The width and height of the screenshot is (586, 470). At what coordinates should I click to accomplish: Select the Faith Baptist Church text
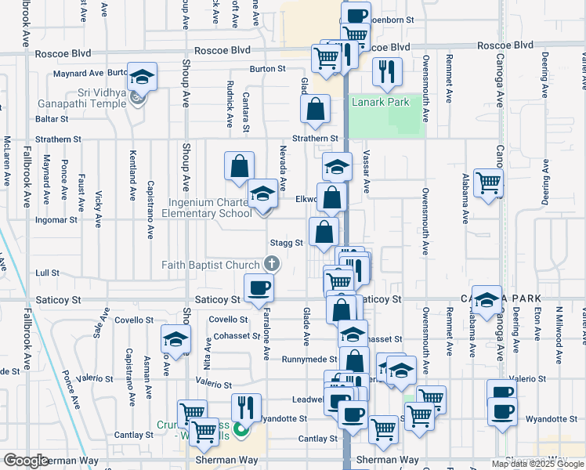pyautogui.click(x=211, y=265)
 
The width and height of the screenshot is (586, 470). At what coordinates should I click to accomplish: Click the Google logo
pyautogui.click(x=26, y=461)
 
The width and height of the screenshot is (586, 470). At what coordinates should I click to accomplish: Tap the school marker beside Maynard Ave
pyautogui.click(x=142, y=77)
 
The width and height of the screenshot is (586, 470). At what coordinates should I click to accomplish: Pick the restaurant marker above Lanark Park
pyautogui.click(x=386, y=72)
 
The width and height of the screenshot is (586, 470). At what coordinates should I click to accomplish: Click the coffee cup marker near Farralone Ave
pyautogui.click(x=259, y=287)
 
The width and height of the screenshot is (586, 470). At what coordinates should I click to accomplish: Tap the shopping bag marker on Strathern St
pyautogui.click(x=315, y=110)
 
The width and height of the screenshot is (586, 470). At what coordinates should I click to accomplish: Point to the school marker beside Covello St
pyautogui.click(x=175, y=339)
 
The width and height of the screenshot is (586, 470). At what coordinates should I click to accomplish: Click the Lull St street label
pyautogui.click(x=48, y=273)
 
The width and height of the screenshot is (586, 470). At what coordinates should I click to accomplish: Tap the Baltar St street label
pyautogui.click(x=52, y=119)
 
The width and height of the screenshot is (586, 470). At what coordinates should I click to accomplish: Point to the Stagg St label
pyautogui.click(x=286, y=243)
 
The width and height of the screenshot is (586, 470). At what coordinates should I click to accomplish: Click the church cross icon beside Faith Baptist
pyautogui.click(x=272, y=264)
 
